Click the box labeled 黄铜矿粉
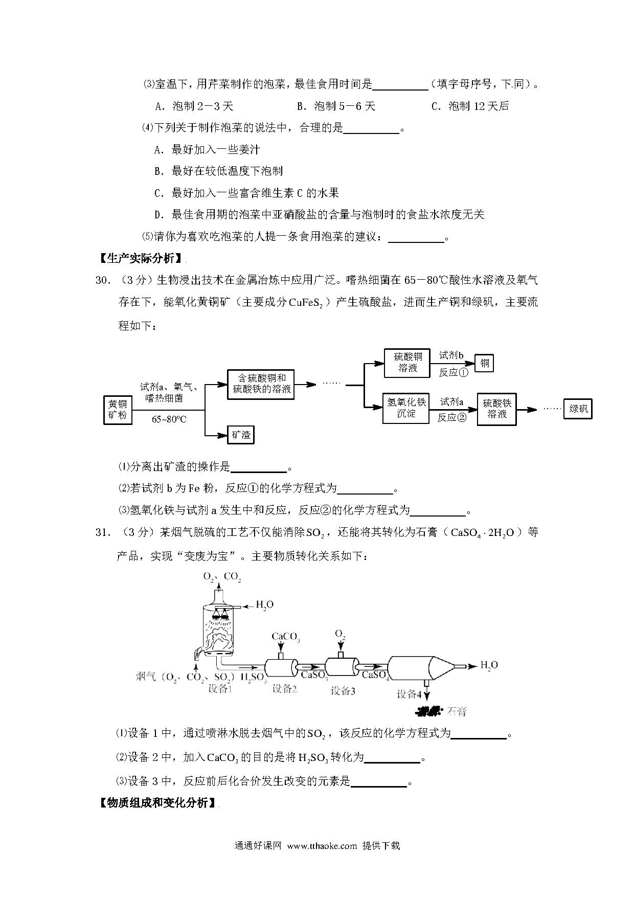[118, 409]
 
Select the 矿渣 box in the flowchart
[240, 435]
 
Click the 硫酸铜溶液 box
[407, 363]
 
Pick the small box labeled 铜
[485, 363]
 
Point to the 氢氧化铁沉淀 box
[406, 408]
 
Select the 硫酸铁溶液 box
[497, 409]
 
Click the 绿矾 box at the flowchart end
[578, 409]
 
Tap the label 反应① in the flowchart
[453, 372]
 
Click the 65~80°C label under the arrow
[169, 419]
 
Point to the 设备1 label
[220, 688]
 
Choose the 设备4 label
[409, 694]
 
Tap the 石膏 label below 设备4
[457, 711]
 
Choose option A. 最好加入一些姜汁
[207, 149]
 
